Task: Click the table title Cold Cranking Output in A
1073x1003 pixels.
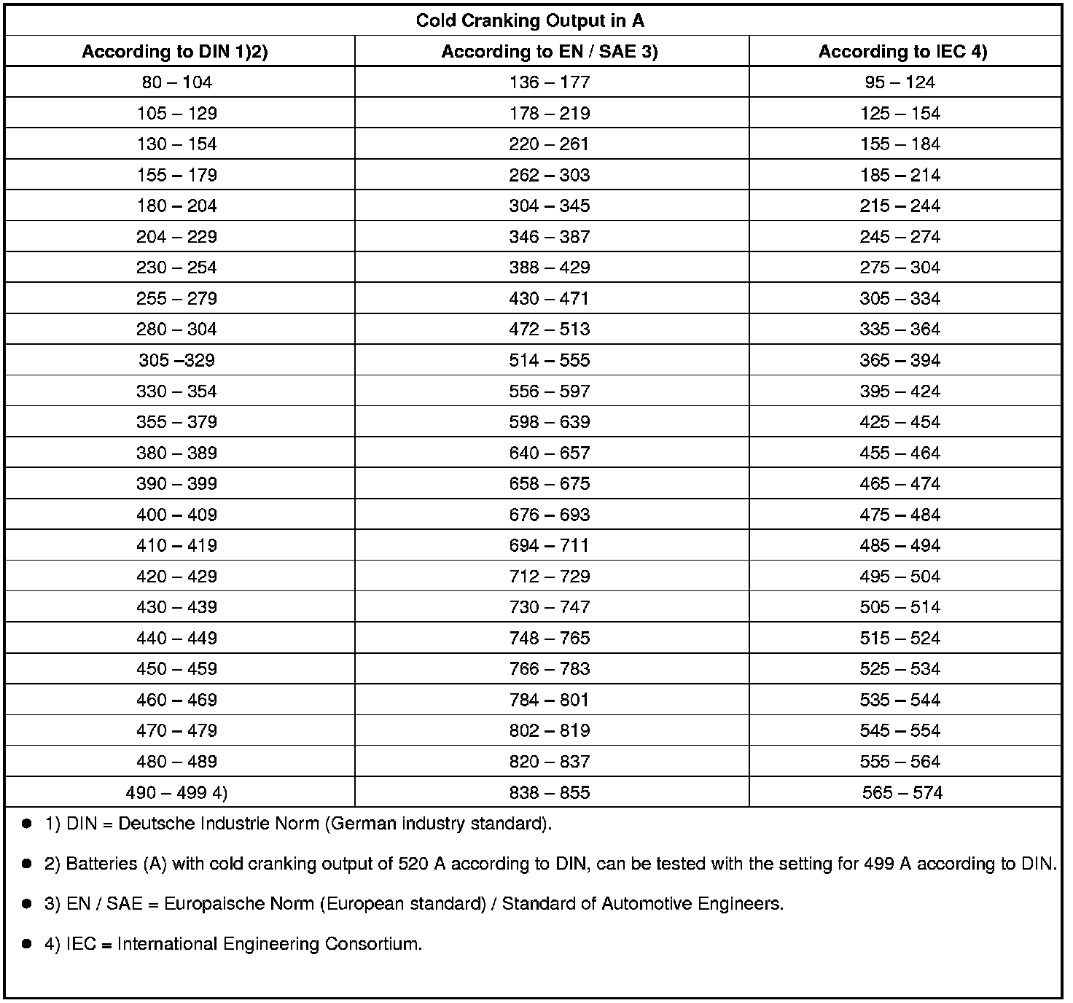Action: (x=530, y=20)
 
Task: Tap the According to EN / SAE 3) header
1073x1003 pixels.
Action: (x=550, y=51)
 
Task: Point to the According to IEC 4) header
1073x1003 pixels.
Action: (x=902, y=51)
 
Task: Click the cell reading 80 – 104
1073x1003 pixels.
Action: (x=177, y=82)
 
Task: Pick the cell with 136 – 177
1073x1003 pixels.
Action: (x=550, y=82)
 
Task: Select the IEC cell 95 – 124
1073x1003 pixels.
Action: (x=900, y=82)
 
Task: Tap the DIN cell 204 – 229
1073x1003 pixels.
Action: (x=176, y=237)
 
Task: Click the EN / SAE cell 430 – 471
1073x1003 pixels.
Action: (x=550, y=298)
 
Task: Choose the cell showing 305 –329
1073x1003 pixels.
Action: (x=176, y=360)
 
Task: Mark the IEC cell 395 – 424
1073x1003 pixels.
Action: (x=900, y=391)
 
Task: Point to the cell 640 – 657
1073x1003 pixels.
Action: (x=550, y=453)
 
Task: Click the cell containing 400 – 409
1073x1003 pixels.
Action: (x=176, y=515)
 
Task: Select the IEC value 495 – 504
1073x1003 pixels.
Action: (x=900, y=577)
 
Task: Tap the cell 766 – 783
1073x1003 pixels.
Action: (x=550, y=668)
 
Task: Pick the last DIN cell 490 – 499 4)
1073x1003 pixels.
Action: (x=176, y=792)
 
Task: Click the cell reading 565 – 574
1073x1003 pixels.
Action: (x=902, y=792)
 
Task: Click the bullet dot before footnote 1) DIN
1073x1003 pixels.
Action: (x=27, y=824)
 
